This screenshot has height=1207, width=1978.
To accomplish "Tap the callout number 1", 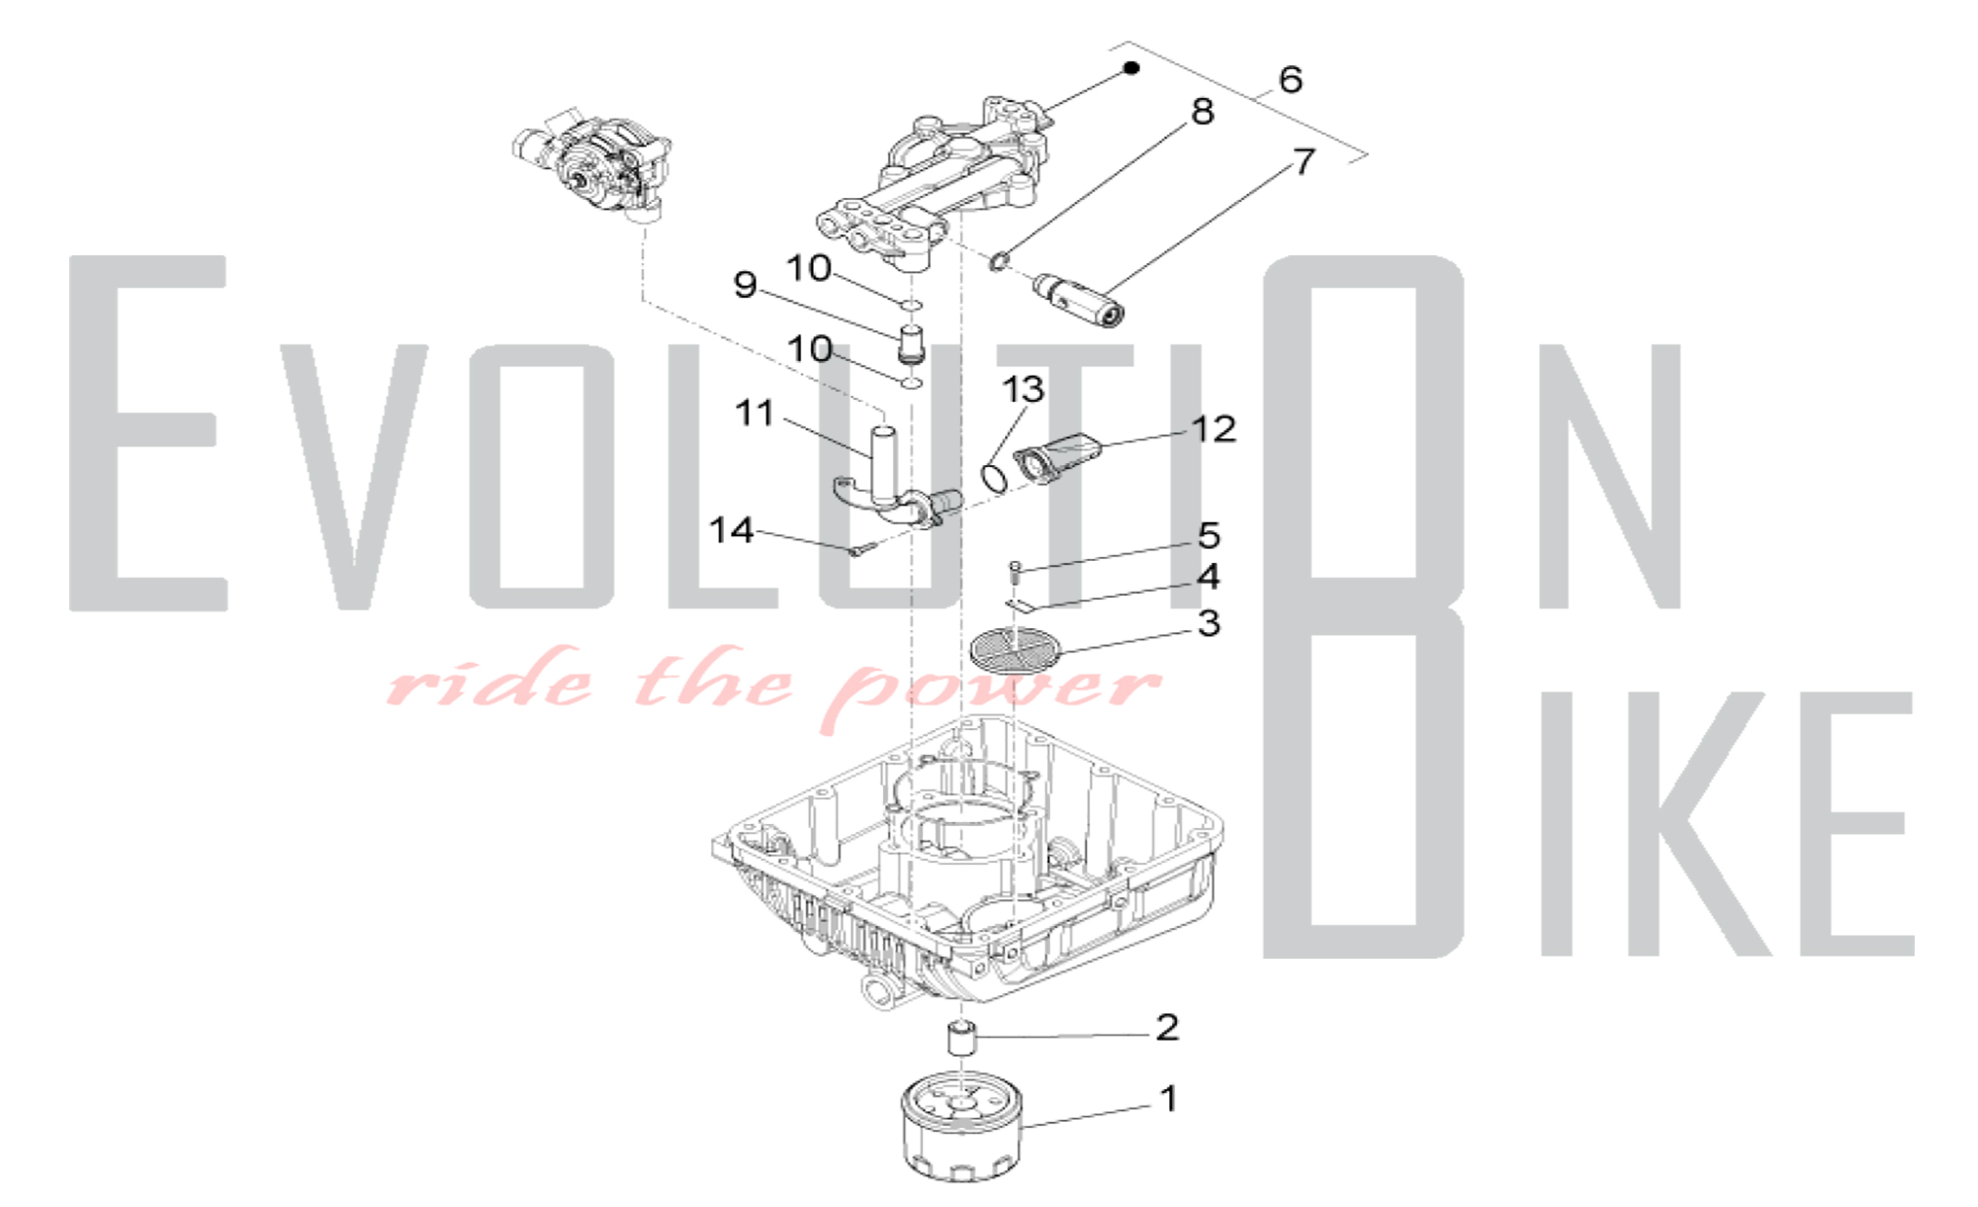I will (1168, 1098).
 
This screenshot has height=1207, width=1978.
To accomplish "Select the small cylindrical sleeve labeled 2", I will (961, 1039).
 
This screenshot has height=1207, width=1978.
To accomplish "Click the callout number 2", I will (1167, 1027).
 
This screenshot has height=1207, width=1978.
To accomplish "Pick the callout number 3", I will (1209, 623).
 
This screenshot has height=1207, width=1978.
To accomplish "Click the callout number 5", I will (1209, 535).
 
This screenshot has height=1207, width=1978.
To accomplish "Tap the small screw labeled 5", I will (1015, 570).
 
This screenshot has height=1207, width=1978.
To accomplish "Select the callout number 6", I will (1290, 79).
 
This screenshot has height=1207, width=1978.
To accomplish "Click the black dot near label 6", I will (1131, 67).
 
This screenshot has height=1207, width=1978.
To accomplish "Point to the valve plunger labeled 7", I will (1080, 301).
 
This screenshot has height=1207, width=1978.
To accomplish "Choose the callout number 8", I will (1202, 112).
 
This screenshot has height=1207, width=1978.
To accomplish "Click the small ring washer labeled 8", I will (1000, 261).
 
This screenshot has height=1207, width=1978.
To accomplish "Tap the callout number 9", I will (745, 285).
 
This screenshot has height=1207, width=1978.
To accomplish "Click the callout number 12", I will (1213, 428).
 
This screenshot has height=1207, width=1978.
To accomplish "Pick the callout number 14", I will (732, 530).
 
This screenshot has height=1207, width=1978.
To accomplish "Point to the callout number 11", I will (755, 413).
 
